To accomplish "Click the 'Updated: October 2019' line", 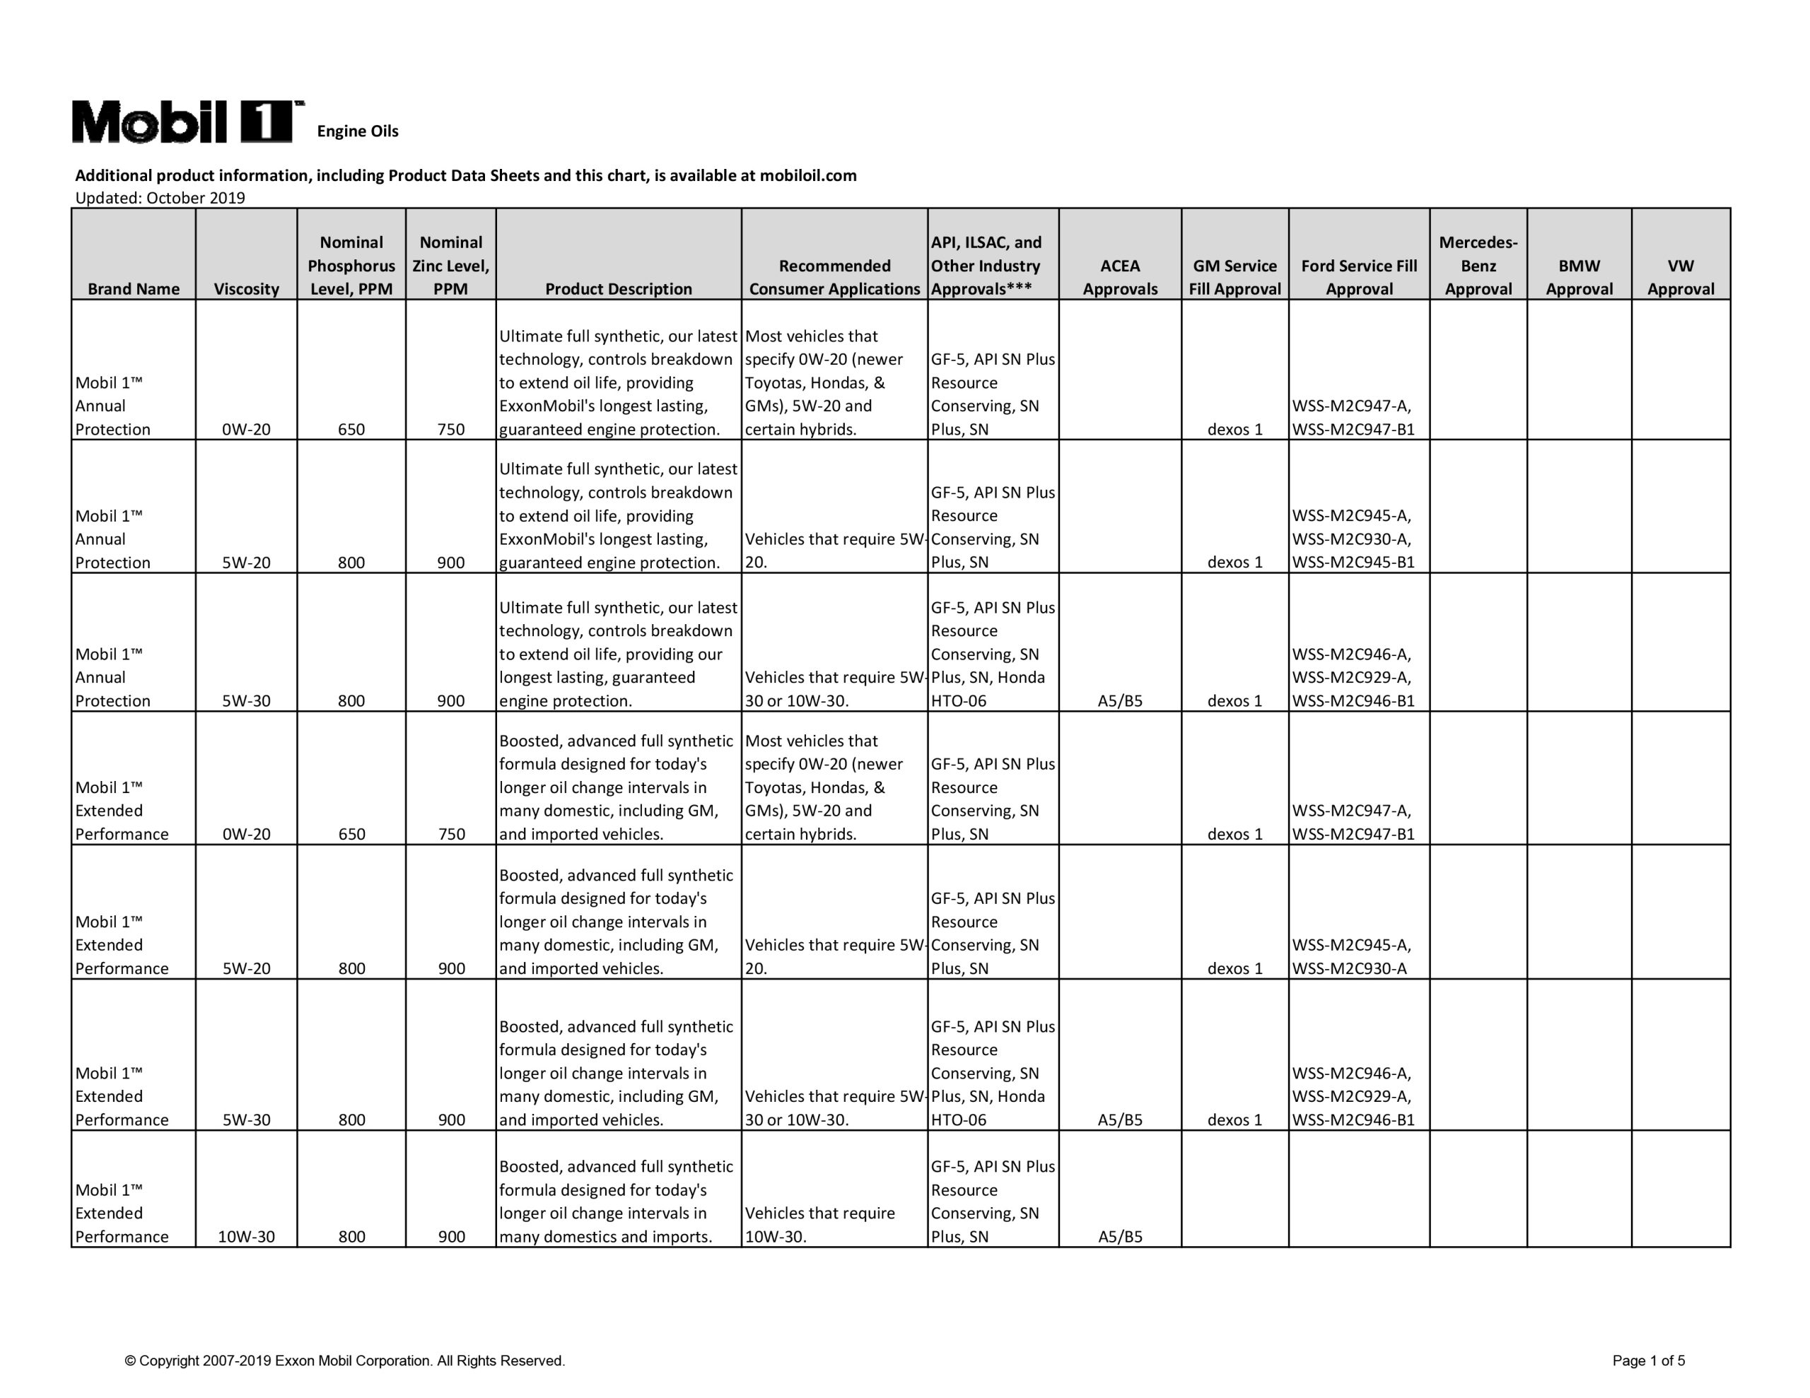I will pyautogui.click(x=160, y=198).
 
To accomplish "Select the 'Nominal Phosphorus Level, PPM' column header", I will pyautogui.click(x=351, y=265).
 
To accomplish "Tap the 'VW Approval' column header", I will pyautogui.click(x=1680, y=277).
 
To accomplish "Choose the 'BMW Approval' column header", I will pyautogui.click(x=1579, y=277).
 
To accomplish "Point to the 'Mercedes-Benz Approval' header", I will pyautogui.click(x=1478, y=265).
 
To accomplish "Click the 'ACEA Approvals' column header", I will pyautogui.click(x=1120, y=277).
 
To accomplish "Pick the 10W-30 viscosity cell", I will pyautogui.click(x=246, y=1236).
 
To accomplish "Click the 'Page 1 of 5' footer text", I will pyautogui.click(x=1648, y=1361).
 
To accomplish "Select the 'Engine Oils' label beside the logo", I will pyautogui.click(x=357, y=131).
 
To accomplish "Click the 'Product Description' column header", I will pyautogui.click(x=618, y=288).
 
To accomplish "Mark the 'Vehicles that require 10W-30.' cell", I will pyautogui.click(x=819, y=1225).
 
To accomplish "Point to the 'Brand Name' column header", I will pyautogui.click(x=134, y=288).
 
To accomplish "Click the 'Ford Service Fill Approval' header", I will pyautogui.click(x=1358, y=277).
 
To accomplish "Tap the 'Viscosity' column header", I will pyautogui.click(x=246, y=288).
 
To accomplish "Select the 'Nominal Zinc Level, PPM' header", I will pyautogui.click(x=451, y=265).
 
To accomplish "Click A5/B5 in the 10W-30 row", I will pyautogui.click(x=1120, y=1236).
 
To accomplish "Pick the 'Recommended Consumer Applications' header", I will pyautogui.click(x=834, y=277).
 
